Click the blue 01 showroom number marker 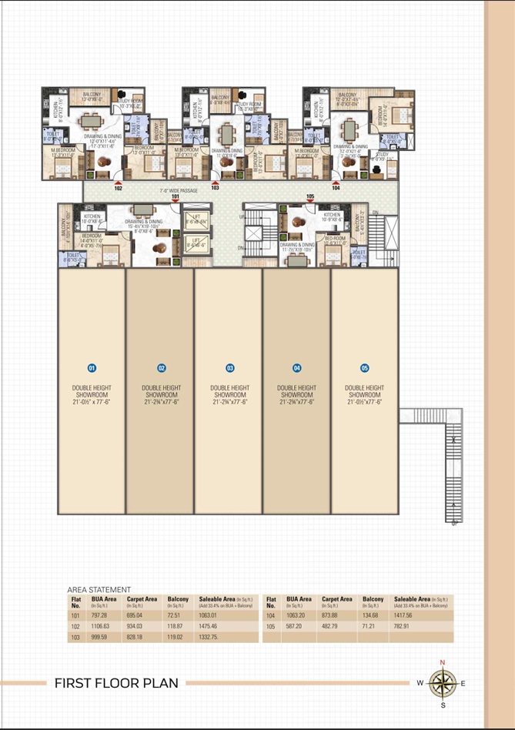coord(92,368)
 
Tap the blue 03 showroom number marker coord(229,368)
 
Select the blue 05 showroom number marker coord(364,368)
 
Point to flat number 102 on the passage coord(118,187)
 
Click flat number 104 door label coord(336,187)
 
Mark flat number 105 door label coord(310,197)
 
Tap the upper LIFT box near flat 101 coord(196,220)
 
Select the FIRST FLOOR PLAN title coord(116,683)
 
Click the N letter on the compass coord(442,663)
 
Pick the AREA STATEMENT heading coord(99,590)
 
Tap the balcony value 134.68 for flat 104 coord(373,616)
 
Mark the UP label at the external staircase coord(455,524)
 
